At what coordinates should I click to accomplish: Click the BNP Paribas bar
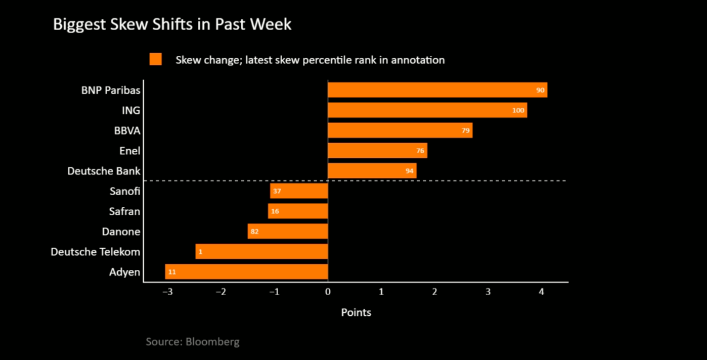[x=437, y=90]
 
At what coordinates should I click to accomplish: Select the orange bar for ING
[x=427, y=110]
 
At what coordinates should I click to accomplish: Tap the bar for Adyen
[x=246, y=272]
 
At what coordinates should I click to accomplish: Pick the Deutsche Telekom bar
[x=262, y=252]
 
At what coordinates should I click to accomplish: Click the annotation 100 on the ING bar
[x=518, y=111]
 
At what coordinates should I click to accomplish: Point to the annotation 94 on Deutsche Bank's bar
[x=409, y=171]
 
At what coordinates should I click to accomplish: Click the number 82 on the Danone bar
[x=255, y=232]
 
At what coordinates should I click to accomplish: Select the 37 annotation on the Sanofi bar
[x=276, y=191]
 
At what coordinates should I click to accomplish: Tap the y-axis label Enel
[x=129, y=151]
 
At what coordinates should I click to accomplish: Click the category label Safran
[x=125, y=212]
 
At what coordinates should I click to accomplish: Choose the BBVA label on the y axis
[x=127, y=131]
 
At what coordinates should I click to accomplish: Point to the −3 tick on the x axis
[x=167, y=292]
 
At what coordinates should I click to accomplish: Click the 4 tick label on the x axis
[x=541, y=292]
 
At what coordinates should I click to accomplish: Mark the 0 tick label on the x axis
[x=328, y=292]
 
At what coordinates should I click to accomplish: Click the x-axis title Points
[x=356, y=312]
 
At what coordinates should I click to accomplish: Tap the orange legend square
[x=156, y=60]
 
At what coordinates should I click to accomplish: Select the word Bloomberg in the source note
[x=213, y=342]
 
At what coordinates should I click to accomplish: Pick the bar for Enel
[x=377, y=151]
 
